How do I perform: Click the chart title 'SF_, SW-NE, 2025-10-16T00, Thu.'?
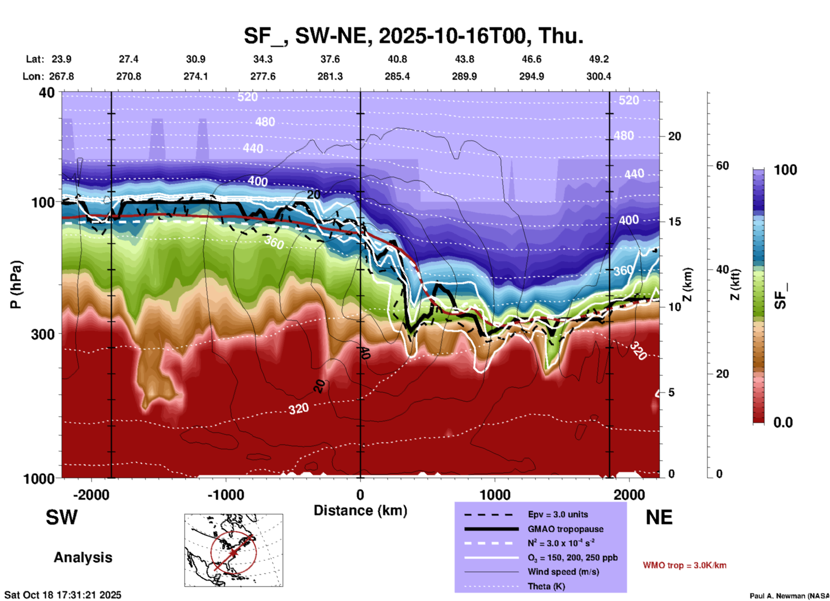[x=413, y=36]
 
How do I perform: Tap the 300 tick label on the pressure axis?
[x=43, y=334]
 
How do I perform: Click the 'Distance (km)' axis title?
[x=360, y=510]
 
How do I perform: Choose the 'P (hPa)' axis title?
[x=16, y=285]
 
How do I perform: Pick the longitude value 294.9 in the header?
[x=531, y=76]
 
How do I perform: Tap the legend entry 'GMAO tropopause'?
[x=565, y=529]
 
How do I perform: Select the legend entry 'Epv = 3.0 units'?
[x=558, y=514]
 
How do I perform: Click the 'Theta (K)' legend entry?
[x=546, y=586]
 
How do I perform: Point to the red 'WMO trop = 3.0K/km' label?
[x=684, y=565]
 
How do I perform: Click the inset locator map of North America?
[x=234, y=550]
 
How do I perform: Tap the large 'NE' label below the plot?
[x=659, y=517]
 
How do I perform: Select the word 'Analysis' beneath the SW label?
[x=83, y=557]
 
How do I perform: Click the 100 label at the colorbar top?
[x=785, y=170]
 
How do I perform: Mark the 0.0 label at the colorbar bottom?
[x=783, y=423]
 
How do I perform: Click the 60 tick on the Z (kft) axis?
[x=722, y=166]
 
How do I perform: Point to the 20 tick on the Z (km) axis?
[x=674, y=136]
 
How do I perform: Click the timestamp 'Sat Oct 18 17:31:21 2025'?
[x=63, y=595]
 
